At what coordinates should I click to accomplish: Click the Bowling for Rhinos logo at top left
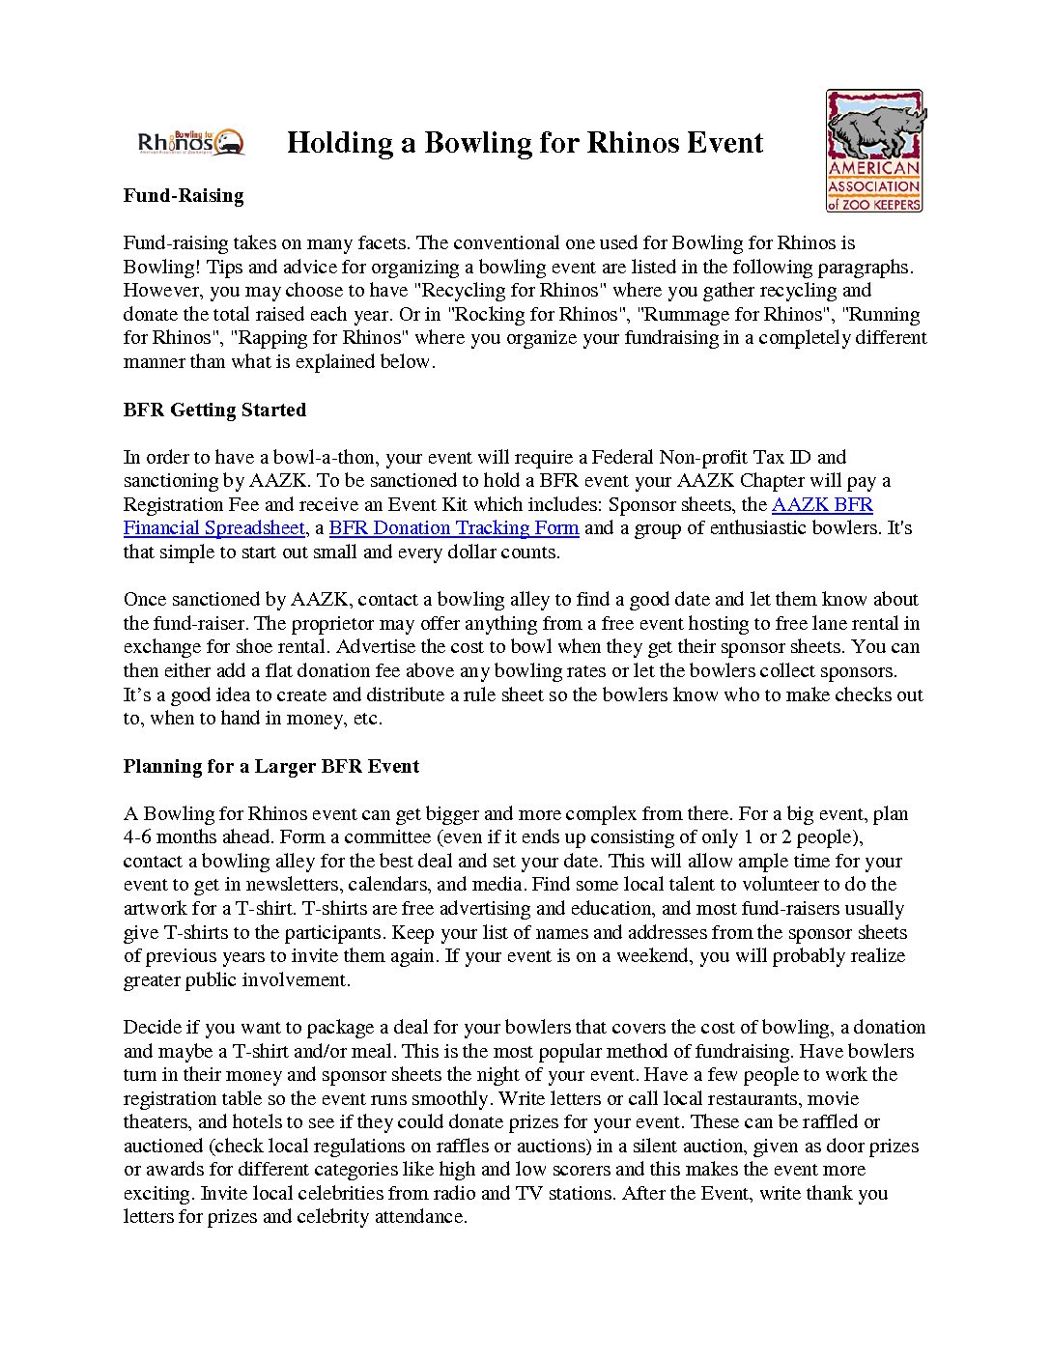(191, 142)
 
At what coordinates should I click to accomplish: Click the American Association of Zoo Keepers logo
(874, 151)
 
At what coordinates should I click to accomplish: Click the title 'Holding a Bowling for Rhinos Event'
(525, 143)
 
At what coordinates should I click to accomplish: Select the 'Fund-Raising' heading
(184, 196)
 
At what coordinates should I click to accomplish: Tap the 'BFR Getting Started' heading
(214, 410)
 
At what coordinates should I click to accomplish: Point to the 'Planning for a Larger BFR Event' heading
(271, 766)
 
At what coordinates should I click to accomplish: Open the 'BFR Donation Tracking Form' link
(454, 528)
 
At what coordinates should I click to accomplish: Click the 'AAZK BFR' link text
(822, 504)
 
